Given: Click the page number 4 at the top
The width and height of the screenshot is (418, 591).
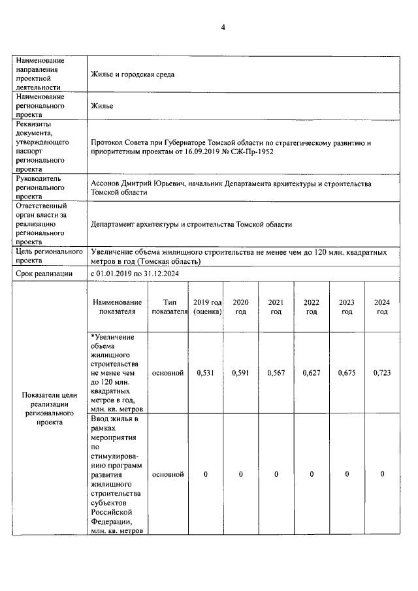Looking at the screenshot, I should pyautogui.click(x=223, y=27).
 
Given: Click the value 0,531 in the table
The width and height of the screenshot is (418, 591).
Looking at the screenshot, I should pyautogui.click(x=206, y=373).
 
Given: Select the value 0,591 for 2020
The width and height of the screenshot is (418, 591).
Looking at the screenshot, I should pyautogui.click(x=241, y=373).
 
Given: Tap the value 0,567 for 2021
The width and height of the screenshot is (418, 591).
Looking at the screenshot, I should pyautogui.click(x=276, y=373).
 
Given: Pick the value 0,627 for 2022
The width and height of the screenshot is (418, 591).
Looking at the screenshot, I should pyautogui.click(x=312, y=373).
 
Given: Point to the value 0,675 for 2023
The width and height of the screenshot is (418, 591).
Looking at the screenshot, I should pyautogui.click(x=347, y=373).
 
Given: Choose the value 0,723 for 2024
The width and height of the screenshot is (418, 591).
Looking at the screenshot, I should pyautogui.click(x=382, y=373).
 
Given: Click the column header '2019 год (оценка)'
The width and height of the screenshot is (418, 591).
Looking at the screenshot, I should pyautogui.click(x=206, y=307).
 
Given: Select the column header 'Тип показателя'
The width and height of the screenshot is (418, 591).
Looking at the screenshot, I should pyautogui.click(x=169, y=307).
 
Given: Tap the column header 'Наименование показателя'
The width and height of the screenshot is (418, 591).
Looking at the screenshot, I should pyautogui.click(x=117, y=307).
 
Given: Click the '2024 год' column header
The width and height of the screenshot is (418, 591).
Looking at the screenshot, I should pyautogui.click(x=382, y=307).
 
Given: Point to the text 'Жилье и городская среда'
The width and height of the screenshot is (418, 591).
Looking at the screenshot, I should pyautogui.click(x=133, y=74).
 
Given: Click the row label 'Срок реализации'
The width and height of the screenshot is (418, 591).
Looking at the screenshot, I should pyautogui.click(x=45, y=274).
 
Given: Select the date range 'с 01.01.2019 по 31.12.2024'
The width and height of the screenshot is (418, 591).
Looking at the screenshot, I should pyautogui.click(x=135, y=274).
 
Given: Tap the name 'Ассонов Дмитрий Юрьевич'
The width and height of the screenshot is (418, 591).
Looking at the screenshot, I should pyautogui.click(x=137, y=184).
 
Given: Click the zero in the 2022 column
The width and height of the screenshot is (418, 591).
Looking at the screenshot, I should pyautogui.click(x=312, y=474).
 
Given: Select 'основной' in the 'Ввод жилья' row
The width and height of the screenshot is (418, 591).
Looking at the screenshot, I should pyautogui.click(x=168, y=474).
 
